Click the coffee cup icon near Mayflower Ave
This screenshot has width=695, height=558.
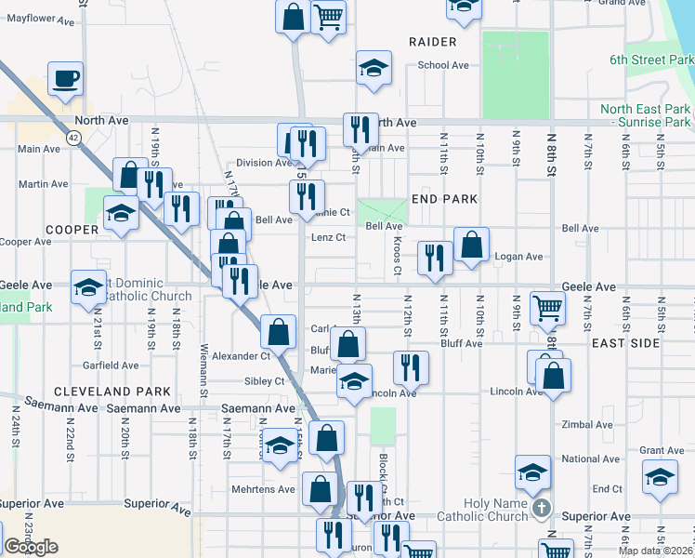pyautogui.click(x=66, y=79)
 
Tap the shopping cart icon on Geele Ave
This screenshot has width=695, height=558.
pyautogui.click(x=548, y=308)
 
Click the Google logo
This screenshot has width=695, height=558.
pyautogui.click(x=31, y=547)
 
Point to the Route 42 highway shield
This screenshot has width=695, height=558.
pyautogui.click(x=72, y=137)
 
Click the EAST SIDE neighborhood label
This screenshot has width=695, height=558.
pyautogui.click(x=625, y=343)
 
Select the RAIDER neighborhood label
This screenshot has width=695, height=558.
pyautogui.click(x=432, y=42)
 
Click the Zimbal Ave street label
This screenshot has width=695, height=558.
pyautogui.click(x=587, y=425)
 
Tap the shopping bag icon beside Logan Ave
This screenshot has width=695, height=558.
pyautogui.click(x=472, y=246)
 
